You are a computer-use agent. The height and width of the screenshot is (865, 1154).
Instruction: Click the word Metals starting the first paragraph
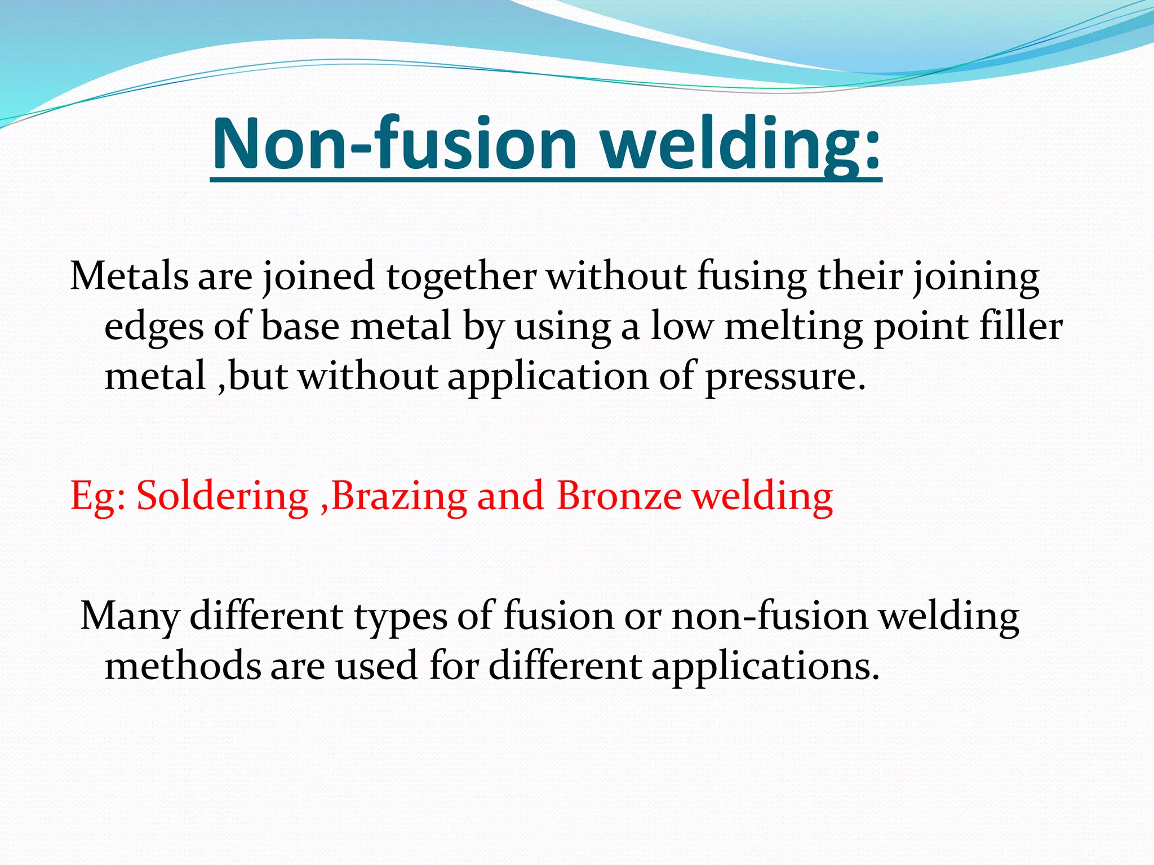click(x=129, y=277)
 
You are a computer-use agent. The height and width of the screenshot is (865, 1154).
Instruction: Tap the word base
click(x=301, y=327)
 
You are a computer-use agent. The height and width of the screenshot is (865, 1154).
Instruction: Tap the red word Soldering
click(x=223, y=497)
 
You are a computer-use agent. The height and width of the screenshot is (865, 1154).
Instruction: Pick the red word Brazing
click(x=399, y=497)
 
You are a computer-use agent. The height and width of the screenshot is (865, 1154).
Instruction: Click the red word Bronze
click(x=619, y=496)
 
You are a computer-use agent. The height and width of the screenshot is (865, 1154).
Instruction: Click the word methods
click(x=183, y=666)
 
